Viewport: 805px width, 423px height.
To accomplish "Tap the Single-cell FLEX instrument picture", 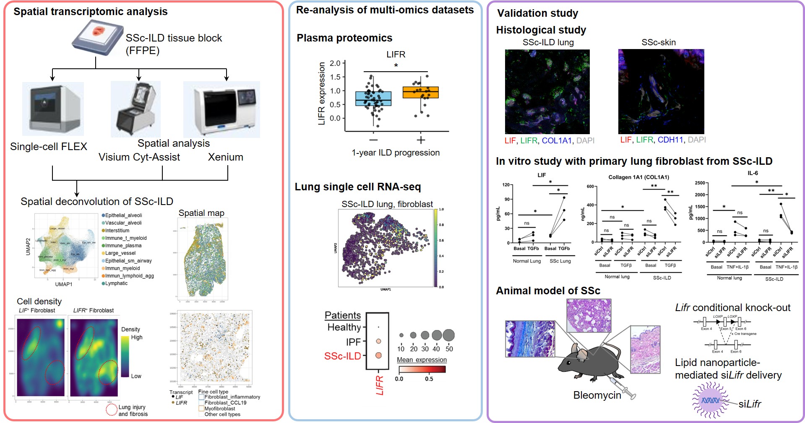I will coord(53,109).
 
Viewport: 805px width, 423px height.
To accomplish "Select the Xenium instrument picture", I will coord(221,110).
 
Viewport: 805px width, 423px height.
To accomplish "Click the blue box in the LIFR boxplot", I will coord(373,99).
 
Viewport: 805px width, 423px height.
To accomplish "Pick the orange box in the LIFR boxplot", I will coord(420,92).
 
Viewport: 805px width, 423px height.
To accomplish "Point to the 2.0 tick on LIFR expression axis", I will coord(335,63).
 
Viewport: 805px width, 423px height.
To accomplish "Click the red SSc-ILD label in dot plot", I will coord(342,356).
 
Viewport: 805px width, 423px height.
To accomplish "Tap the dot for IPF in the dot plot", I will coord(378,341).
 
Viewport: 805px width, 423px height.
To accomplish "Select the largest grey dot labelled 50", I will coord(448,335).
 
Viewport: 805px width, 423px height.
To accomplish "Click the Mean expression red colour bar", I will coord(422,369).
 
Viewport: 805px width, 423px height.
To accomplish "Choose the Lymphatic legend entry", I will coord(116,283).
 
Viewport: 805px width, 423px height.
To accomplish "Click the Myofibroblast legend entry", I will coord(219,408).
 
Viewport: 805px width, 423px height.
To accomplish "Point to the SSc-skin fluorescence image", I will coord(661,91).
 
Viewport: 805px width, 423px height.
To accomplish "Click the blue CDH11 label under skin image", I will coord(670,140).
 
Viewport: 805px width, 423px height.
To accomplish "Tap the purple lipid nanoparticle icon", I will coord(710,400).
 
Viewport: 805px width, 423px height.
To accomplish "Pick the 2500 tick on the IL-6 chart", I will coord(700,183).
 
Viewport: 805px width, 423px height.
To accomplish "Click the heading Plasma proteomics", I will coord(344,38).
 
